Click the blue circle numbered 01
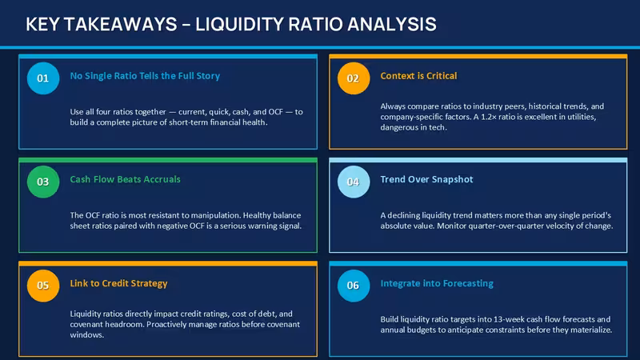pos(43,78)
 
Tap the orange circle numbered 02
pos(354,78)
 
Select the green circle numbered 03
pos(43,182)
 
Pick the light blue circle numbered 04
pos(354,182)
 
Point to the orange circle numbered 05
pos(43,286)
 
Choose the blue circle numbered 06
pos(354,286)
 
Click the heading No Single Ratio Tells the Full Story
pos(145,76)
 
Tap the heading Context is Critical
pos(418,76)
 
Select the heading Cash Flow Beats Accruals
pos(126,179)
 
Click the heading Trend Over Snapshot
pos(426,179)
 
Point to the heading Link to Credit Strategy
pos(118,283)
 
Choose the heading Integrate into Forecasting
pos(437,283)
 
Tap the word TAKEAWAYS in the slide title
pos(121,24)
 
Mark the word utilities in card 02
pos(582,117)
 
